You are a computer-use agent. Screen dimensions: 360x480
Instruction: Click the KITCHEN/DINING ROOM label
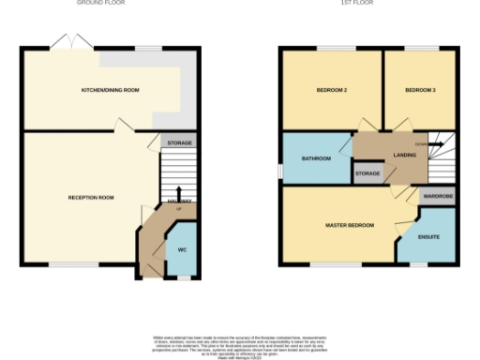(x=111, y=90)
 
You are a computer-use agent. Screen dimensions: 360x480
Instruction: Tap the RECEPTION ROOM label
(x=91, y=198)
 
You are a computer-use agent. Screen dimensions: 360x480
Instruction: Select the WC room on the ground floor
(x=182, y=249)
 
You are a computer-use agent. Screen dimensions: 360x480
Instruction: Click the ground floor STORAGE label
(x=180, y=142)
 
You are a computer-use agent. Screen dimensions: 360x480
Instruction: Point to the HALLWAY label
(x=179, y=202)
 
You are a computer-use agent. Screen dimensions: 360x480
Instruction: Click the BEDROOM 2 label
(x=332, y=90)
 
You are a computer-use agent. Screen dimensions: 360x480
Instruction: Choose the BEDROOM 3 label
(x=420, y=90)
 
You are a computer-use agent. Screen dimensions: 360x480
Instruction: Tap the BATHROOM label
(x=316, y=159)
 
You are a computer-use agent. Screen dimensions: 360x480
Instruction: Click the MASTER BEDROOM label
(x=349, y=226)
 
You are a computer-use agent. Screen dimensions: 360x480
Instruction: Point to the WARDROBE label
(x=438, y=197)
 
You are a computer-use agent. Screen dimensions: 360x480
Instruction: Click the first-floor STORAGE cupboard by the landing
(x=367, y=173)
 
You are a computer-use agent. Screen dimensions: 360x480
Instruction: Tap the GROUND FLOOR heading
(x=101, y=3)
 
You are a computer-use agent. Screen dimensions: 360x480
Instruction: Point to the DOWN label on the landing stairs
(x=421, y=144)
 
